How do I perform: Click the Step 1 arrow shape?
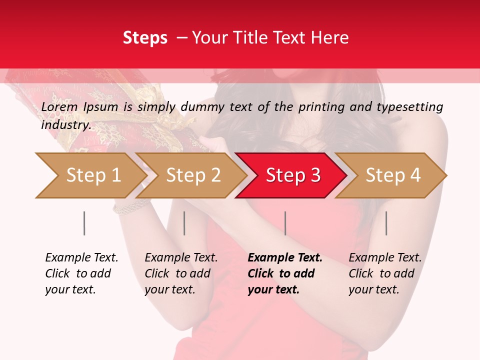pos(90,175)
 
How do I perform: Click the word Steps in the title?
pos(145,38)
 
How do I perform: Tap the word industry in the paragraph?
pos(65,125)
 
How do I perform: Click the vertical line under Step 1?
pos(84,223)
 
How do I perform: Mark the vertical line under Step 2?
pos(184,223)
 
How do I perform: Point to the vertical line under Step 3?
pos(285,223)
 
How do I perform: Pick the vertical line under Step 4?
pos(386,223)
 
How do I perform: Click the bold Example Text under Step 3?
pos(285,258)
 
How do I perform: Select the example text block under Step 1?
pos(81,273)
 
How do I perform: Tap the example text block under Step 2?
pos(181,273)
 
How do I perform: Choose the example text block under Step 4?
pos(385,273)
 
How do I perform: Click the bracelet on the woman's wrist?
pos(131,206)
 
